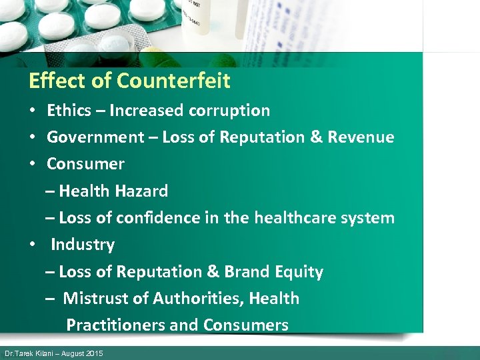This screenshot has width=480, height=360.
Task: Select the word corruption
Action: (x=231, y=111)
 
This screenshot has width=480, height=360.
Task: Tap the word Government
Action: (x=95, y=138)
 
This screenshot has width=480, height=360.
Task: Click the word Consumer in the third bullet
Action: (x=85, y=164)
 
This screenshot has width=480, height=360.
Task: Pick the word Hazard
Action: (x=141, y=191)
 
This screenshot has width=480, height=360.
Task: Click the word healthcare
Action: (x=293, y=218)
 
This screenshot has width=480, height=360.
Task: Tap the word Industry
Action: (x=83, y=245)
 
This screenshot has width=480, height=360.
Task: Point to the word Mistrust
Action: (x=96, y=299)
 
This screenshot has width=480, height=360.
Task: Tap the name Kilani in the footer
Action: (x=45, y=353)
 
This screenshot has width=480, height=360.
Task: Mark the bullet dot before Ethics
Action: (x=32, y=111)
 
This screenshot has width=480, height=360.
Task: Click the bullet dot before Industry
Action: (x=32, y=245)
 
